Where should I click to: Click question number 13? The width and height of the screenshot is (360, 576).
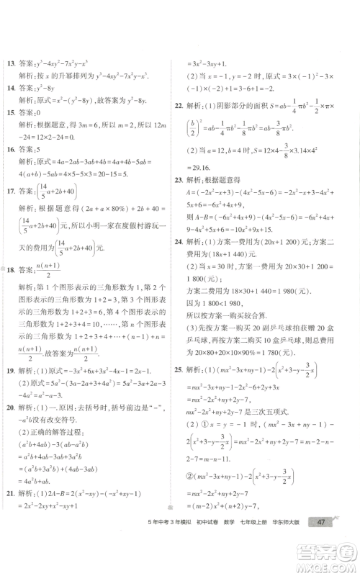coord(9,64)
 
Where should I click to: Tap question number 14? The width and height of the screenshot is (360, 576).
coord(9,89)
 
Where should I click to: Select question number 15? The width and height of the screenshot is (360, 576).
coord(9,113)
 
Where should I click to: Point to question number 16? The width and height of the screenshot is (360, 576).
coord(9,150)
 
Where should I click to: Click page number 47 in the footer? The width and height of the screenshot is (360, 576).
coord(321,543)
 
